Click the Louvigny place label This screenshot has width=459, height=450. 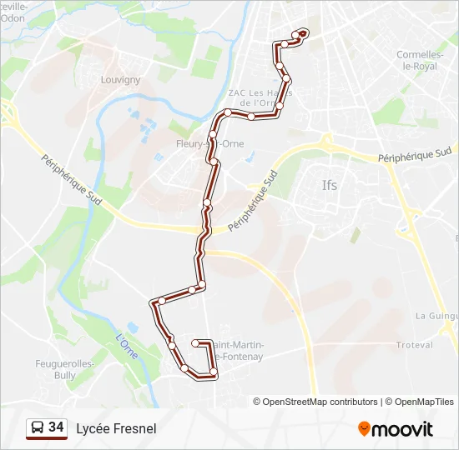[x=120, y=80]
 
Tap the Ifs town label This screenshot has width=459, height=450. [x=330, y=185]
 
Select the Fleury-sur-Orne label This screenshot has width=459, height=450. [x=198, y=143]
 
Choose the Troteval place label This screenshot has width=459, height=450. [x=414, y=344]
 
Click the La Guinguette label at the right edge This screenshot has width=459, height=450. [x=436, y=316]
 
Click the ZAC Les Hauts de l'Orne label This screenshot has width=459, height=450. [x=256, y=98]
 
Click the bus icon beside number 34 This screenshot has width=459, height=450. [x=37, y=428]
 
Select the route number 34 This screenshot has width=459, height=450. [x=56, y=427]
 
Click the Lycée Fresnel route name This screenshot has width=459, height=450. [x=116, y=428]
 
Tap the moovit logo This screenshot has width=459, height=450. [x=396, y=429]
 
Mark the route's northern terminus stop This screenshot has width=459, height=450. [x=303, y=32]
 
